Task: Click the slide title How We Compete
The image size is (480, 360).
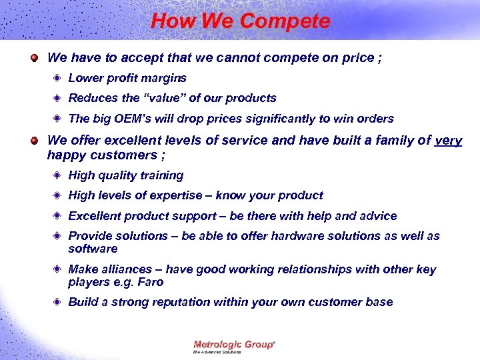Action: tap(240, 21)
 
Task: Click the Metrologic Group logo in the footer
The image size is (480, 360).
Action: tap(234, 344)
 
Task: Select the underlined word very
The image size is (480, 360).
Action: tap(448, 141)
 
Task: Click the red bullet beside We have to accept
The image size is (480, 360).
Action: tap(34, 58)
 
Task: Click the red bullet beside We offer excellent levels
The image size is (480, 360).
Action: tap(34, 141)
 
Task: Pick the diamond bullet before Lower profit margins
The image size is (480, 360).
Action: tap(58, 79)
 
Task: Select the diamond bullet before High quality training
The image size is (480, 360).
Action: tap(58, 176)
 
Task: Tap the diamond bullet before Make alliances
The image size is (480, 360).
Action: tap(58, 270)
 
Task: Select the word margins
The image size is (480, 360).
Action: tap(165, 78)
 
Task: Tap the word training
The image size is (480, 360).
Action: tap(160, 175)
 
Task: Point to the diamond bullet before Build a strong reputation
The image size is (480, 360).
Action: tap(58, 303)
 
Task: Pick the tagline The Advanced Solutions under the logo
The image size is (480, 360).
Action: tap(217, 352)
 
